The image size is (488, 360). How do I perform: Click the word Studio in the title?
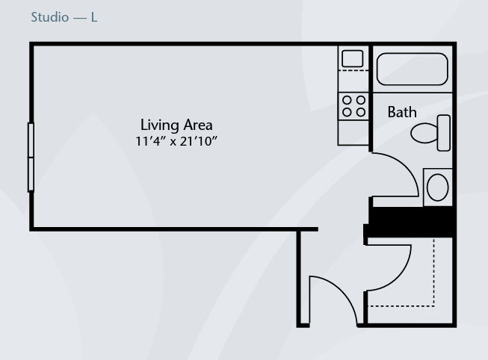coord(50,17)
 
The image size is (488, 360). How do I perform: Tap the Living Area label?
coord(176,125)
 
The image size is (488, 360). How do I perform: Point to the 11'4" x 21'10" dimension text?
coord(176,141)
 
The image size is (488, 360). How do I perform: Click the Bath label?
coord(402,112)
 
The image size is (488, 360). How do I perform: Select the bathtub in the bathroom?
coord(412,69)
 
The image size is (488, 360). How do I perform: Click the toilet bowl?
coord(424,133)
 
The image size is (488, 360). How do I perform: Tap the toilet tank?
coord(443,133)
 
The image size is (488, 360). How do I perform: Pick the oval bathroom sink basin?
coord(438,187)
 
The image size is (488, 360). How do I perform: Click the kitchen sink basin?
coord(352,58)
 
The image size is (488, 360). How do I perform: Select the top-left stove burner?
coord(347,100)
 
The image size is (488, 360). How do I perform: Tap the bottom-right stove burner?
coord(361,112)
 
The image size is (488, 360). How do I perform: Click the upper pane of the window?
coord(31,140)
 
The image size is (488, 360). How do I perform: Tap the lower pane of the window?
coord(31,174)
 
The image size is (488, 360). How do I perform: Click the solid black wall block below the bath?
coord(410,222)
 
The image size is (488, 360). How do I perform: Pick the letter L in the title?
coord(94,17)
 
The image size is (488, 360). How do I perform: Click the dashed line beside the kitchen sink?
coord(353,71)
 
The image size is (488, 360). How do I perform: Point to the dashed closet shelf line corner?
coord(434,306)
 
